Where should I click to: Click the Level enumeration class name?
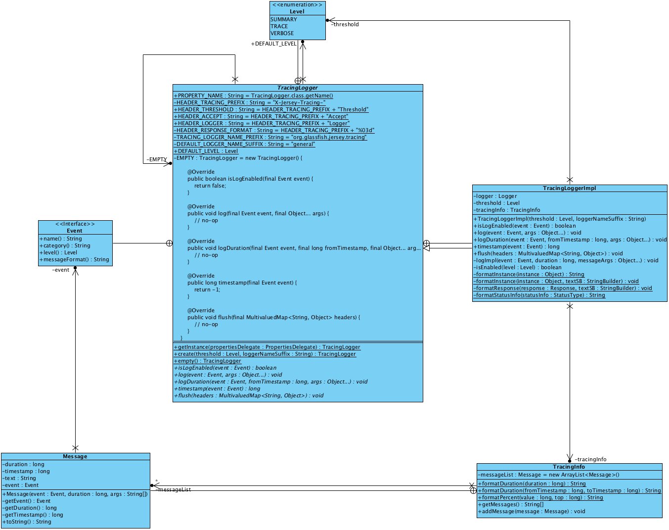pyautogui.click(x=297, y=11)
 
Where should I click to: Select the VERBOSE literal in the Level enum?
pyautogui.click(x=282, y=33)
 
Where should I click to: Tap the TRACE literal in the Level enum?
pyautogui.click(x=279, y=26)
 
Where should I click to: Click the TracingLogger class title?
pyautogui.click(x=298, y=88)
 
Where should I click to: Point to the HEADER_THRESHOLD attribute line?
pyautogui.click(x=271, y=109)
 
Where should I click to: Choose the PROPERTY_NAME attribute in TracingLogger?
pyautogui.click(x=253, y=96)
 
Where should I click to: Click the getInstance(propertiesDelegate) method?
pyautogui.click(x=267, y=347)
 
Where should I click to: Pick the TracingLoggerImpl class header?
pyautogui.click(x=569, y=188)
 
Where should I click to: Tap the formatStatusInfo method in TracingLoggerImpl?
pyautogui.click(x=539, y=295)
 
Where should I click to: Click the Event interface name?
pyautogui.click(x=75, y=231)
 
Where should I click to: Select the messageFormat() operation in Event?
pyautogui.click(x=74, y=259)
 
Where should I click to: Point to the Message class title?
pyautogui.click(x=75, y=456)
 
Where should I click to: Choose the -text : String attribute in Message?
pyautogui.click(x=19, y=478)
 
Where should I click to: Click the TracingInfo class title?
pyautogui.click(x=569, y=467)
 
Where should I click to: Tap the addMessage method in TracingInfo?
pyautogui.click(x=532, y=511)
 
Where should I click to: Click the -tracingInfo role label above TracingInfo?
pyautogui.click(x=590, y=459)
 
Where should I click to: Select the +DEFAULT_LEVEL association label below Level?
pyautogui.click(x=273, y=44)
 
